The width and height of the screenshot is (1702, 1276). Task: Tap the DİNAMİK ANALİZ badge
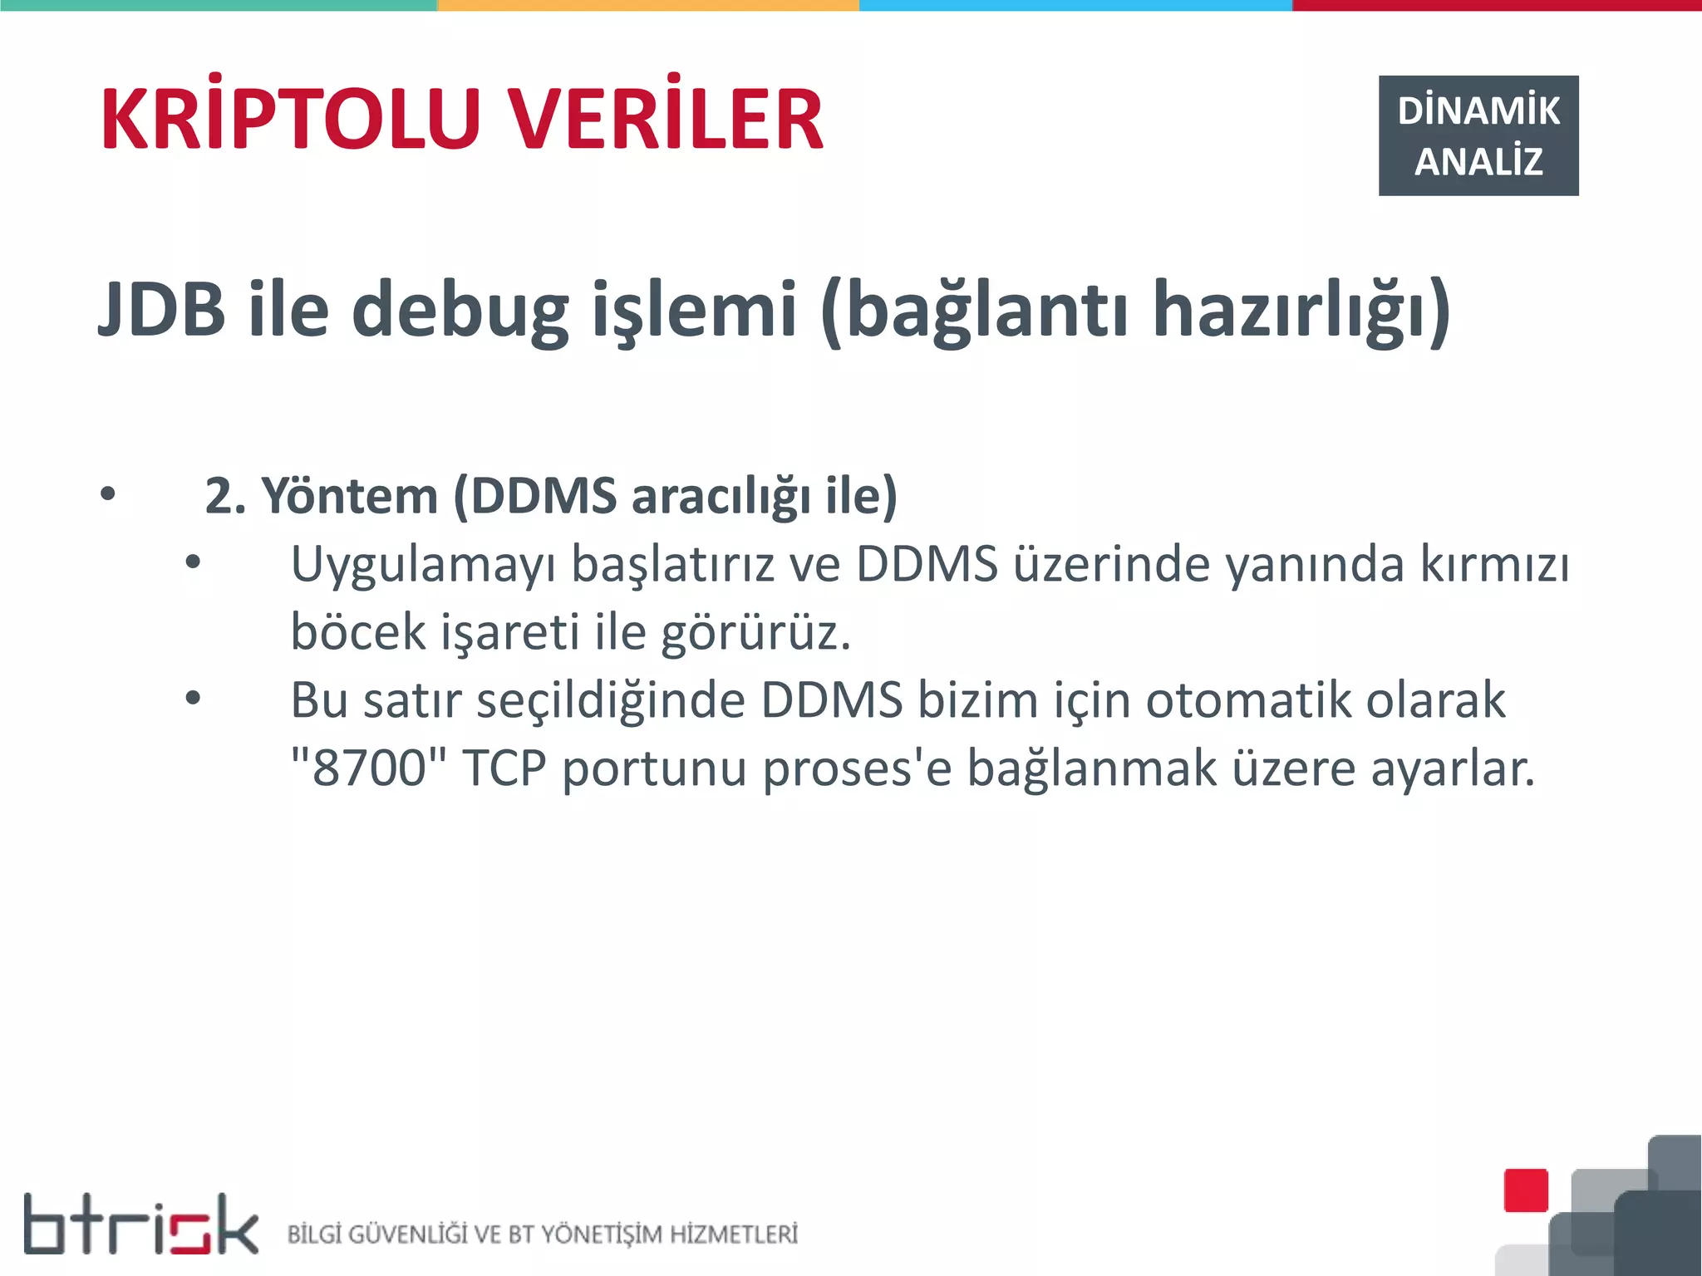click(x=1478, y=135)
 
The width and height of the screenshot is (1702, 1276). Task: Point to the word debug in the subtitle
click(x=460, y=311)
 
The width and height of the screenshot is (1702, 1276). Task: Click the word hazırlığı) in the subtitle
click(x=1301, y=311)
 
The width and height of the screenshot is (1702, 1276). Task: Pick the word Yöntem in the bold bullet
click(x=350, y=496)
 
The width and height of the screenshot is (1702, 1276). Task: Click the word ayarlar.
click(x=1452, y=768)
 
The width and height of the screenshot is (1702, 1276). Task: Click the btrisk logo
click(x=140, y=1224)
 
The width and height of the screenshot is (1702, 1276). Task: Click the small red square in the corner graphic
click(x=1526, y=1190)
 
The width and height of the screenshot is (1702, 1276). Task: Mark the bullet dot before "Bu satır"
click(x=193, y=699)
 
